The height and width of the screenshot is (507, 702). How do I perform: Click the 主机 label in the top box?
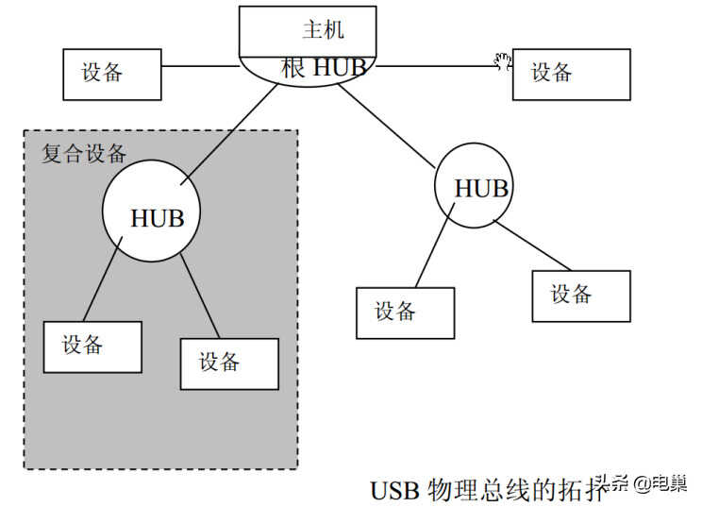click(324, 29)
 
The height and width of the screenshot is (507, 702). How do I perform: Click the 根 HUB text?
click(325, 67)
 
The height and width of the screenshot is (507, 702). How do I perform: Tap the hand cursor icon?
click(503, 61)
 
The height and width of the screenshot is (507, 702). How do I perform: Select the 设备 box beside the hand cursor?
click(571, 75)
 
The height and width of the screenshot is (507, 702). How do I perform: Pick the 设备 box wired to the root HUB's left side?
click(112, 75)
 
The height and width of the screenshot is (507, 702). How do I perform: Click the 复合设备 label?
click(84, 154)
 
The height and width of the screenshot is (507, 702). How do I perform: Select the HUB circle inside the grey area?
click(151, 211)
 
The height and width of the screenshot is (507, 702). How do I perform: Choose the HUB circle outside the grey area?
click(474, 185)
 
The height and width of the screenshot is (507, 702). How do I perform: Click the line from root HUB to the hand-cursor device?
click(438, 66)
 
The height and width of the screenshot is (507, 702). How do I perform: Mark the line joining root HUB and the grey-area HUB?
click(228, 134)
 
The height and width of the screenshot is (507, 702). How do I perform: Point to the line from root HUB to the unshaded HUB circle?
click(386, 127)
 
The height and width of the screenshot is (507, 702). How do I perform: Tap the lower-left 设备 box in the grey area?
click(92, 347)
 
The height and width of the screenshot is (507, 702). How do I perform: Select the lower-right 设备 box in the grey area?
click(229, 363)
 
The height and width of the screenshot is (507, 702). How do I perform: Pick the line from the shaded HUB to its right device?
click(200, 296)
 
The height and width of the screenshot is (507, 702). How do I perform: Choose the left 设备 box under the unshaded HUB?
click(405, 313)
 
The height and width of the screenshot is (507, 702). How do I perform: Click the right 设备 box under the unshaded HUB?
click(581, 296)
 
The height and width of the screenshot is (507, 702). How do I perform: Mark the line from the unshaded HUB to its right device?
click(532, 245)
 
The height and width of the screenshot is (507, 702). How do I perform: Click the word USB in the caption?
click(394, 490)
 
